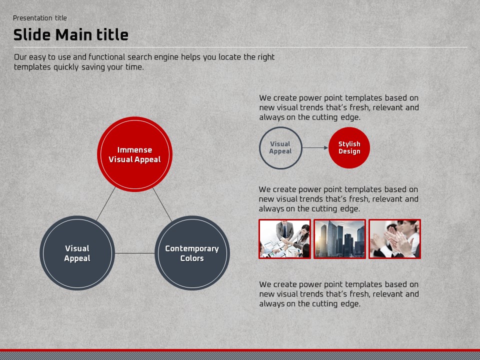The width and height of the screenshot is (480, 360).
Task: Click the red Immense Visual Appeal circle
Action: pos(134,154)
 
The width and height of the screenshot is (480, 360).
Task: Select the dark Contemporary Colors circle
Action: pos(192,253)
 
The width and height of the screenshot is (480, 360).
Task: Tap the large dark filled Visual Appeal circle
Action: pos(77,253)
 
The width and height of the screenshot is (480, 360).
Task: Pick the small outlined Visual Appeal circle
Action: pos(259,148)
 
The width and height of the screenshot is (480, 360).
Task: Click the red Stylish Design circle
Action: pos(349,148)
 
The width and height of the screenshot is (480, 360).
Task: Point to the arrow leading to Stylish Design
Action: pos(315,148)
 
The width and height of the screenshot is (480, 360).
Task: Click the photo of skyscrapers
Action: pos(340,239)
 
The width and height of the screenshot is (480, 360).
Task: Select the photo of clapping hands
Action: pos(395,239)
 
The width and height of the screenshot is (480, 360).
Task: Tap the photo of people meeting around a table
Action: pos(284,239)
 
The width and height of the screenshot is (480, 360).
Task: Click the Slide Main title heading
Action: pos(70,35)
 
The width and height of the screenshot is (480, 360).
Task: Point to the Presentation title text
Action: pos(40,18)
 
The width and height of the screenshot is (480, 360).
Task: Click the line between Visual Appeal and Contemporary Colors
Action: pos(135,253)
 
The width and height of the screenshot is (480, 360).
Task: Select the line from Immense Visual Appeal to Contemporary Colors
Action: pos(162,204)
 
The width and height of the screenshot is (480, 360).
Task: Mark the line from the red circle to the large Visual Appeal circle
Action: pos(106,203)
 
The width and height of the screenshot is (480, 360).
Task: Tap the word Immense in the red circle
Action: pos(134,150)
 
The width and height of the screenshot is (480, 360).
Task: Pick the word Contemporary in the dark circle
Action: pos(192,248)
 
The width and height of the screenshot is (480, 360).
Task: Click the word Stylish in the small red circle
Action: pos(349,144)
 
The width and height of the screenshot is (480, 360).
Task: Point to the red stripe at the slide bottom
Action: pos(240,350)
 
